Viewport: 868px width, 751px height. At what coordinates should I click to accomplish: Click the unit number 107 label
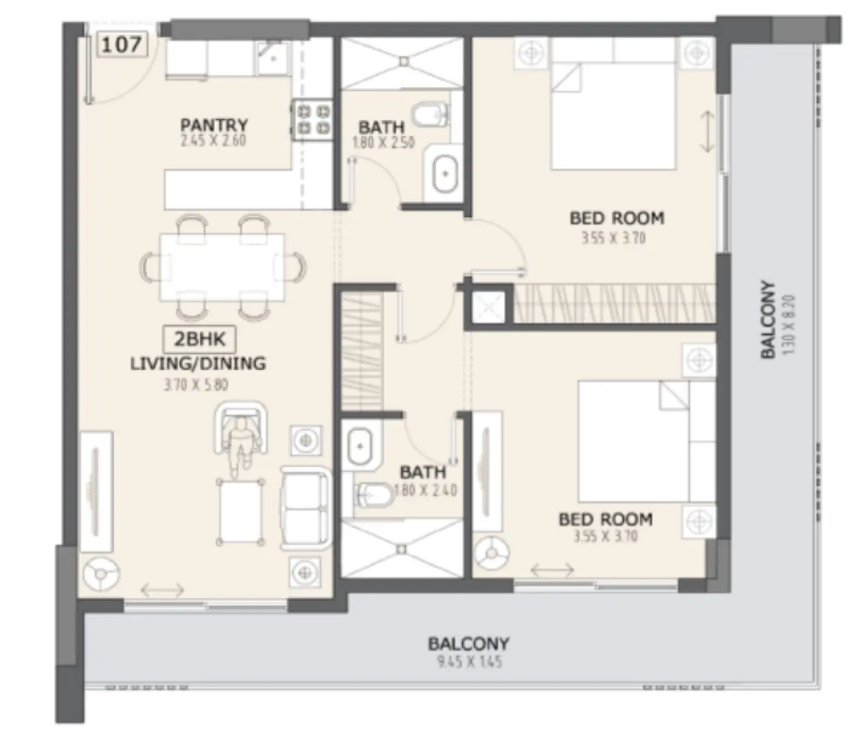pyautogui.click(x=122, y=44)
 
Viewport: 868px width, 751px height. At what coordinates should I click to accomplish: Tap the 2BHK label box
pyautogui.click(x=199, y=339)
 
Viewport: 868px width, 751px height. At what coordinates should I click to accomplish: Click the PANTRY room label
pyautogui.click(x=214, y=125)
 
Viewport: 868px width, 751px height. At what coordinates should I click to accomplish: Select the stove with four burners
pyautogui.click(x=313, y=119)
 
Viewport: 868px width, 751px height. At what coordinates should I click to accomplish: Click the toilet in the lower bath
pyautogui.click(x=372, y=494)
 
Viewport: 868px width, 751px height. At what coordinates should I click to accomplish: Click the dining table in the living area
pyautogui.click(x=222, y=267)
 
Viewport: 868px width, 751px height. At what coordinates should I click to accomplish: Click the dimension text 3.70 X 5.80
pyautogui.click(x=196, y=384)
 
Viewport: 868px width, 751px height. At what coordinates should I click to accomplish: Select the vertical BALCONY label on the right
pyautogui.click(x=768, y=320)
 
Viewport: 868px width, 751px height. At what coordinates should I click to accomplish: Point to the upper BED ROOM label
pyautogui.click(x=616, y=218)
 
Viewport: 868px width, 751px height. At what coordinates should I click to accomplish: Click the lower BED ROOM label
pyautogui.click(x=605, y=519)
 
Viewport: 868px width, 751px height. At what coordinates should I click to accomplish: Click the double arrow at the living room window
pyautogui.click(x=162, y=589)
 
